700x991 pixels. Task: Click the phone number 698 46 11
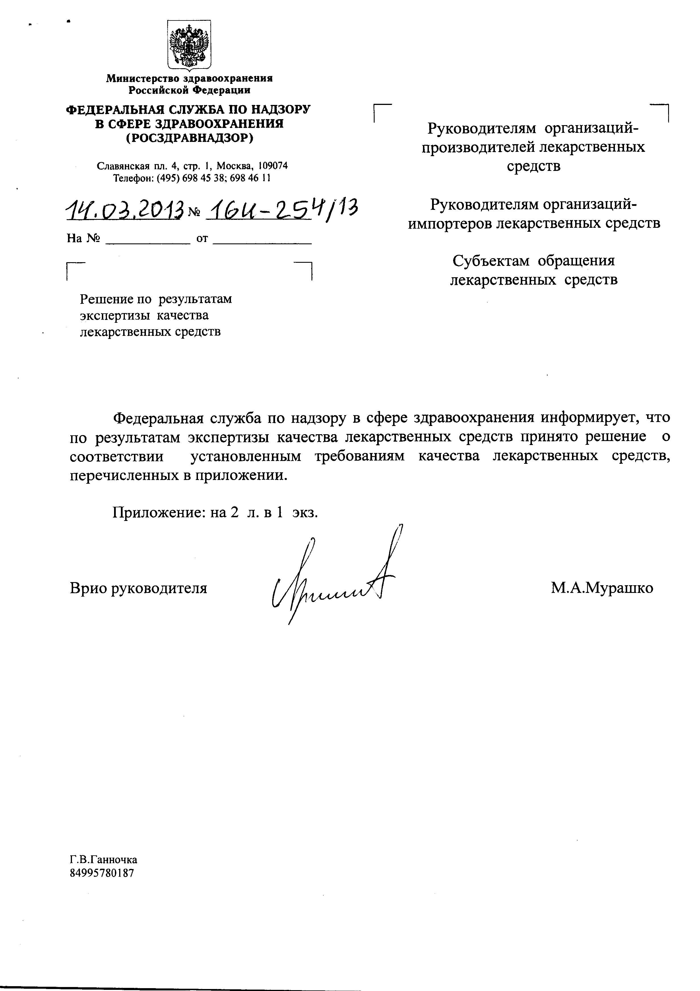[x=251, y=178]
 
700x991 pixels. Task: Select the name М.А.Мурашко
[x=602, y=587]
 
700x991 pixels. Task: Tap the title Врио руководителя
[x=138, y=588]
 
